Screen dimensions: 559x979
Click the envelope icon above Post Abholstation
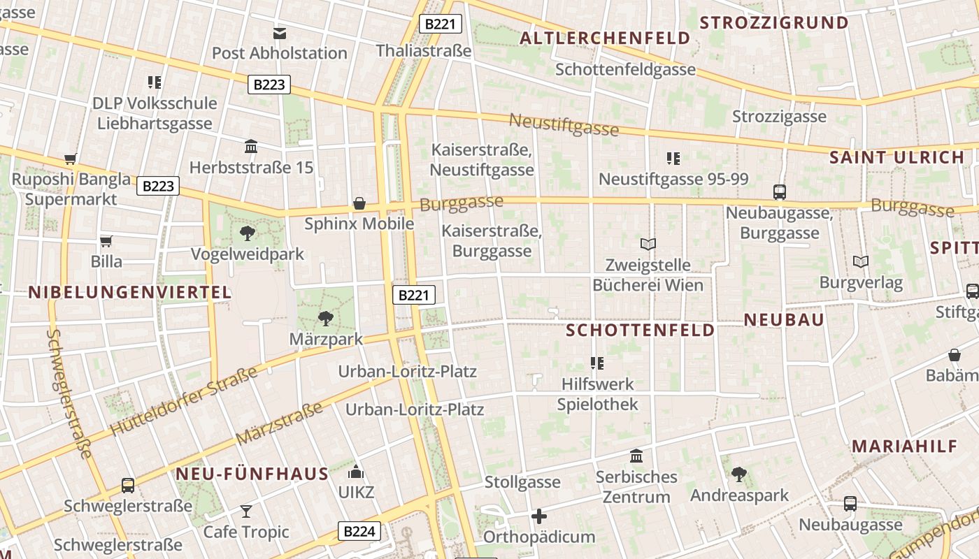[280, 33]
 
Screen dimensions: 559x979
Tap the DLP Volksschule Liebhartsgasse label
[155, 113]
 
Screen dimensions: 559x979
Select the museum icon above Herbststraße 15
[251, 146]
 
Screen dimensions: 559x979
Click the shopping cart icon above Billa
[106, 241]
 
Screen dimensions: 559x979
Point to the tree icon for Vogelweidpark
[247, 233]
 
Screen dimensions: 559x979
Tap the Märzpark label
[326, 339]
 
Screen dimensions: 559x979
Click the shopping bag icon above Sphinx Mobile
[359, 203]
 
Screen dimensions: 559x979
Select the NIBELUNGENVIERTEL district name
[130, 292]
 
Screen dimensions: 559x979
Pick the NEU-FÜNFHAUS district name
[252, 474]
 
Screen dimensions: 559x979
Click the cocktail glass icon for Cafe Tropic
[246, 511]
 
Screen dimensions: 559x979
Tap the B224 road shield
[359, 531]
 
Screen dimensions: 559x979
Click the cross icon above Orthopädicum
[539, 516]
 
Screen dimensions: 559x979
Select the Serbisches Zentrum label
[636, 487]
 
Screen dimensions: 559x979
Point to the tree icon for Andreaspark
[739, 475]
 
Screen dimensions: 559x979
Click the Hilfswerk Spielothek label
[597, 394]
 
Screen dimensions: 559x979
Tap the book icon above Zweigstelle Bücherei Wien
[648, 244]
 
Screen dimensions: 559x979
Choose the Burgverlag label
[861, 283]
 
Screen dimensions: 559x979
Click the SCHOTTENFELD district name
[640, 330]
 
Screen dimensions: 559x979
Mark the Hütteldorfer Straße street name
[184, 401]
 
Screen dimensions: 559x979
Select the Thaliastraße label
[424, 50]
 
